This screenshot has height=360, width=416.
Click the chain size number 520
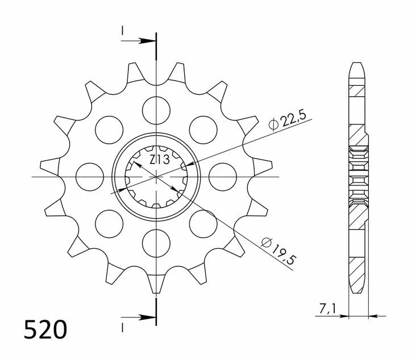45,330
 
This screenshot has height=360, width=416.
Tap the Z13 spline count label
159,161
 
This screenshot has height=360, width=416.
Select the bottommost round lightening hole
156,243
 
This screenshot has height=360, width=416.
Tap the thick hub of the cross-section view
358,176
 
